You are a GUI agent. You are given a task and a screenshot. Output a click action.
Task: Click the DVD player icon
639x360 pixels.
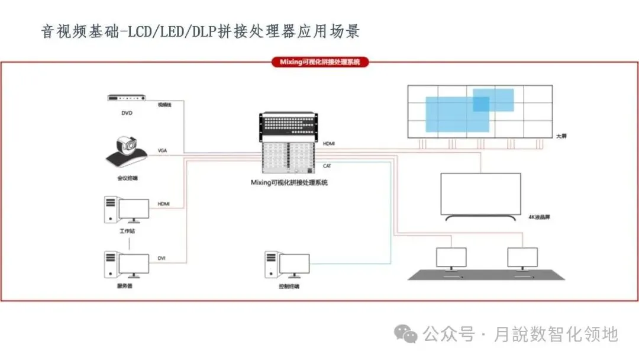click(127, 99)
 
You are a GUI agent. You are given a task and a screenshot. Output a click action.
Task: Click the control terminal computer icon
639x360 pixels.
click(287, 263)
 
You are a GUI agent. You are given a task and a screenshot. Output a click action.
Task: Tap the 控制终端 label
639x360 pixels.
click(289, 286)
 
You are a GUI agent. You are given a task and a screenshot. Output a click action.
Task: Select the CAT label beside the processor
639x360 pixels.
click(327, 166)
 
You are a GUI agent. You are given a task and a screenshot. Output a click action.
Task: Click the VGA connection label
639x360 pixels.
click(163, 151)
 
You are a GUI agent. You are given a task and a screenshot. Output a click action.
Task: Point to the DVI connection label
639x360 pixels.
click(162, 258)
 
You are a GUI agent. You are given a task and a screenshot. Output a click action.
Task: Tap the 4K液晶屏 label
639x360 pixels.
click(540, 217)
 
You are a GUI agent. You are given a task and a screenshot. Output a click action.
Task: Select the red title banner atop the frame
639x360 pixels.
click(320, 62)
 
